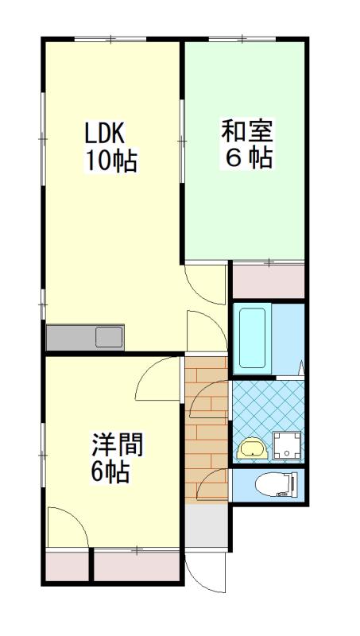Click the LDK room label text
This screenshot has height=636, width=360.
pos(104,133)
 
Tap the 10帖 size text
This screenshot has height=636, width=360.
pos(110,161)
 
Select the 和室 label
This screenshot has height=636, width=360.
pos(247,130)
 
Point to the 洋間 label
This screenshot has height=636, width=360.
pos(118,445)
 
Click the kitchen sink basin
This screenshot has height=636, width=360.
pos(110,337)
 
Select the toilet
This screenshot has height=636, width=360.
pos(277,484)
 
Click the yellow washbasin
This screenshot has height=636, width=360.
pos(252,448)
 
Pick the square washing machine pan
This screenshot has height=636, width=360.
pos(287,445)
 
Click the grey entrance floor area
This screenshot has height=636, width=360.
pos(207,525)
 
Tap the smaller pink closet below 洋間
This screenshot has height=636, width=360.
pos(67,566)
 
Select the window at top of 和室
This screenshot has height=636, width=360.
pos(242,39)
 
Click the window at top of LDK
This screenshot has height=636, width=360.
pos(110,39)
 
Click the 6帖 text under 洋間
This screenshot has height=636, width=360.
pos(110,471)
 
